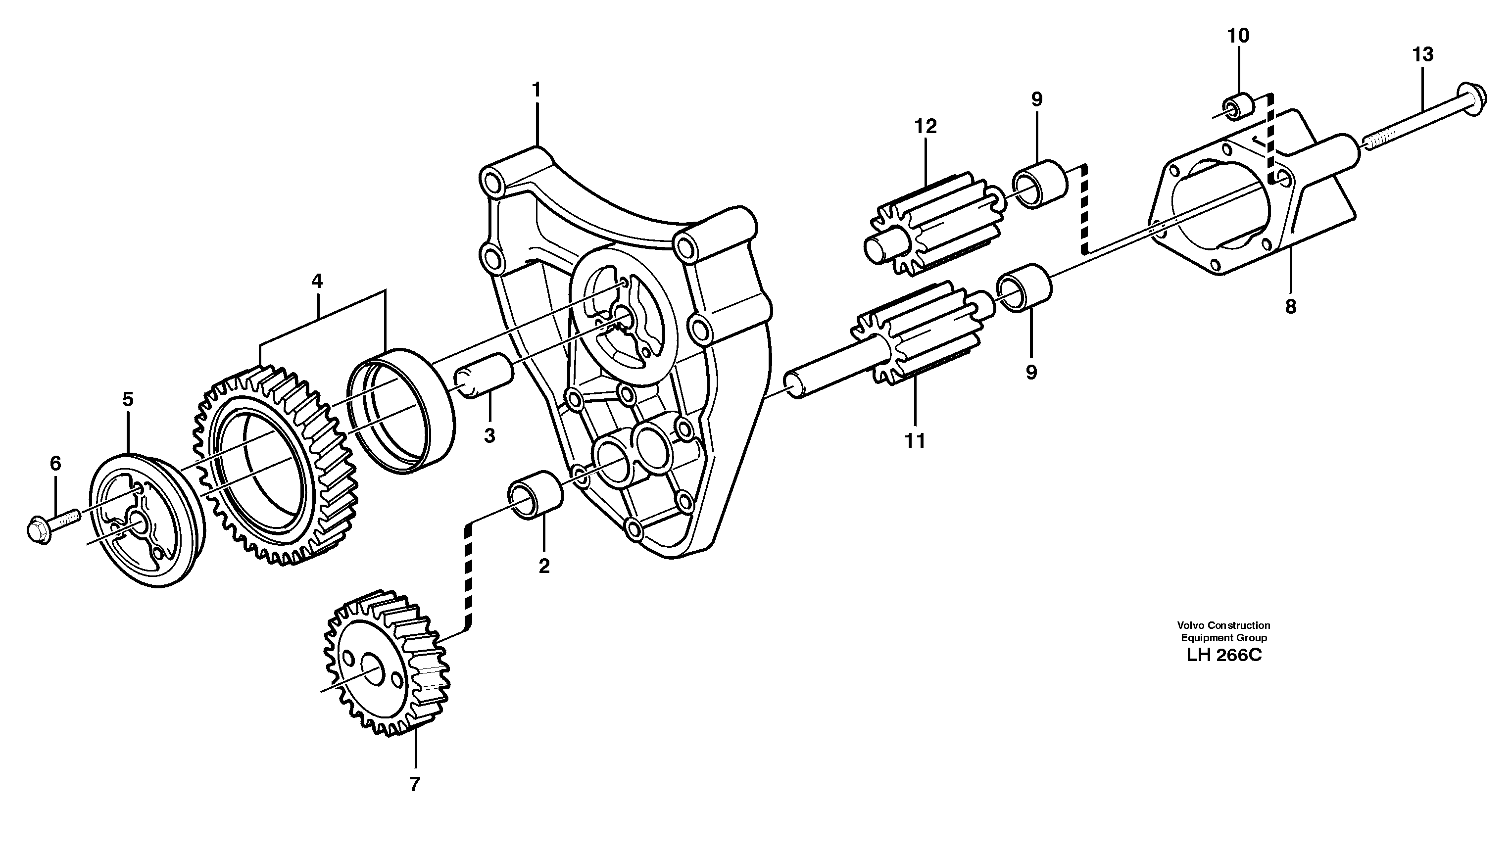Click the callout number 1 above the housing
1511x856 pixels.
point(536,90)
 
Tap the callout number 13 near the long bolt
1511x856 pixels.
point(1423,55)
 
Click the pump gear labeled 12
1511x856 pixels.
point(929,224)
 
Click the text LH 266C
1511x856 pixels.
point(1224,655)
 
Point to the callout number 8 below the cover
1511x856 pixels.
point(1291,307)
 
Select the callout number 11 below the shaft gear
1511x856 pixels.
point(915,440)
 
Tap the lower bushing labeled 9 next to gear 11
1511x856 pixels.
point(1024,288)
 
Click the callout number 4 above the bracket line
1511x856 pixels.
point(317,281)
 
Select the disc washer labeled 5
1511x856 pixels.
point(147,521)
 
